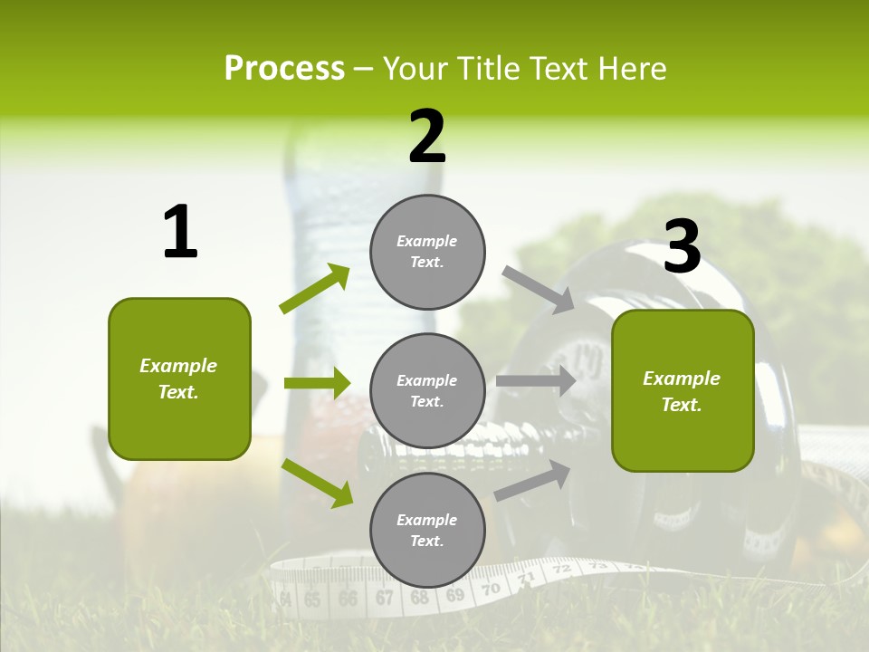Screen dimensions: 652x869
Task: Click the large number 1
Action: pyautogui.click(x=180, y=233)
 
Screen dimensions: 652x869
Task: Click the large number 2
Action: pyautogui.click(x=427, y=137)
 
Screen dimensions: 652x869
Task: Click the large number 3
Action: pyautogui.click(x=682, y=246)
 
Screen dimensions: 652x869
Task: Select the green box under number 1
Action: pyautogui.click(x=179, y=379)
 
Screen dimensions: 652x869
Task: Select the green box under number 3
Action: pyautogui.click(x=683, y=390)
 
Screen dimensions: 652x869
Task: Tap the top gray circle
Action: pyautogui.click(x=427, y=252)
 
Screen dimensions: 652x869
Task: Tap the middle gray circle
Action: pyautogui.click(x=427, y=390)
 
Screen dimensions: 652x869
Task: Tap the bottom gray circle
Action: pyautogui.click(x=427, y=530)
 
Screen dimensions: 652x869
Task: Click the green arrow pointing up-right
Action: pyautogui.click(x=315, y=289)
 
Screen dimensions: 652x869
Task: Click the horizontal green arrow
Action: pyautogui.click(x=317, y=383)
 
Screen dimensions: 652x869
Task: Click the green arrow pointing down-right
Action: pyautogui.click(x=318, y=483)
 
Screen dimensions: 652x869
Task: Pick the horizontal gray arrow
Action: pyautogui.click(x=536, y=381)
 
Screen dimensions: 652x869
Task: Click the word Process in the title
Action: pyautogui.click(x=284, y=68)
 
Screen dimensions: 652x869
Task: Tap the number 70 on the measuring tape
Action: pyautogui.click(x=491, y=589)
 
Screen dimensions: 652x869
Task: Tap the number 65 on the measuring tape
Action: pyautogui.click(x=312, y=599)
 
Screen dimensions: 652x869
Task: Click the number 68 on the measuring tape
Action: pyautogui.click(x=419, y=598)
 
